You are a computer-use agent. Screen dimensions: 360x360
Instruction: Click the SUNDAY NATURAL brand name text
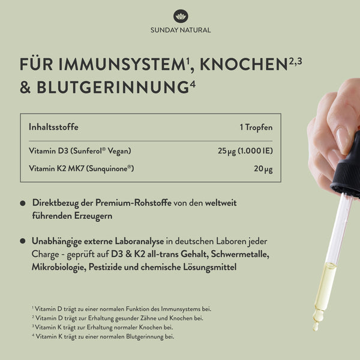[x=180, y=30]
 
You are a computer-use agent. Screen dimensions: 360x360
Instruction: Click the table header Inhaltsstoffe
[x=53, y=127]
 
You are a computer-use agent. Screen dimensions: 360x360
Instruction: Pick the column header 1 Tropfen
[x=256, y=127]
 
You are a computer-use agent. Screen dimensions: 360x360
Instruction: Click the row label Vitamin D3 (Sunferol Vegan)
[x=80, y=151]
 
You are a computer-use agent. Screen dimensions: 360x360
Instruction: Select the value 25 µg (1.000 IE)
[x=245, y=151]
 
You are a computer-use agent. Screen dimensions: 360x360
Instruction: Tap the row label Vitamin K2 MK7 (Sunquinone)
[x=81, y=169]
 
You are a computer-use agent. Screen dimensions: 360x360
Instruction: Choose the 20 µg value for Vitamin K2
[x=263, y=169]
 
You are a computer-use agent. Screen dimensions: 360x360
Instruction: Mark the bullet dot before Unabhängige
[x=23, y=241]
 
